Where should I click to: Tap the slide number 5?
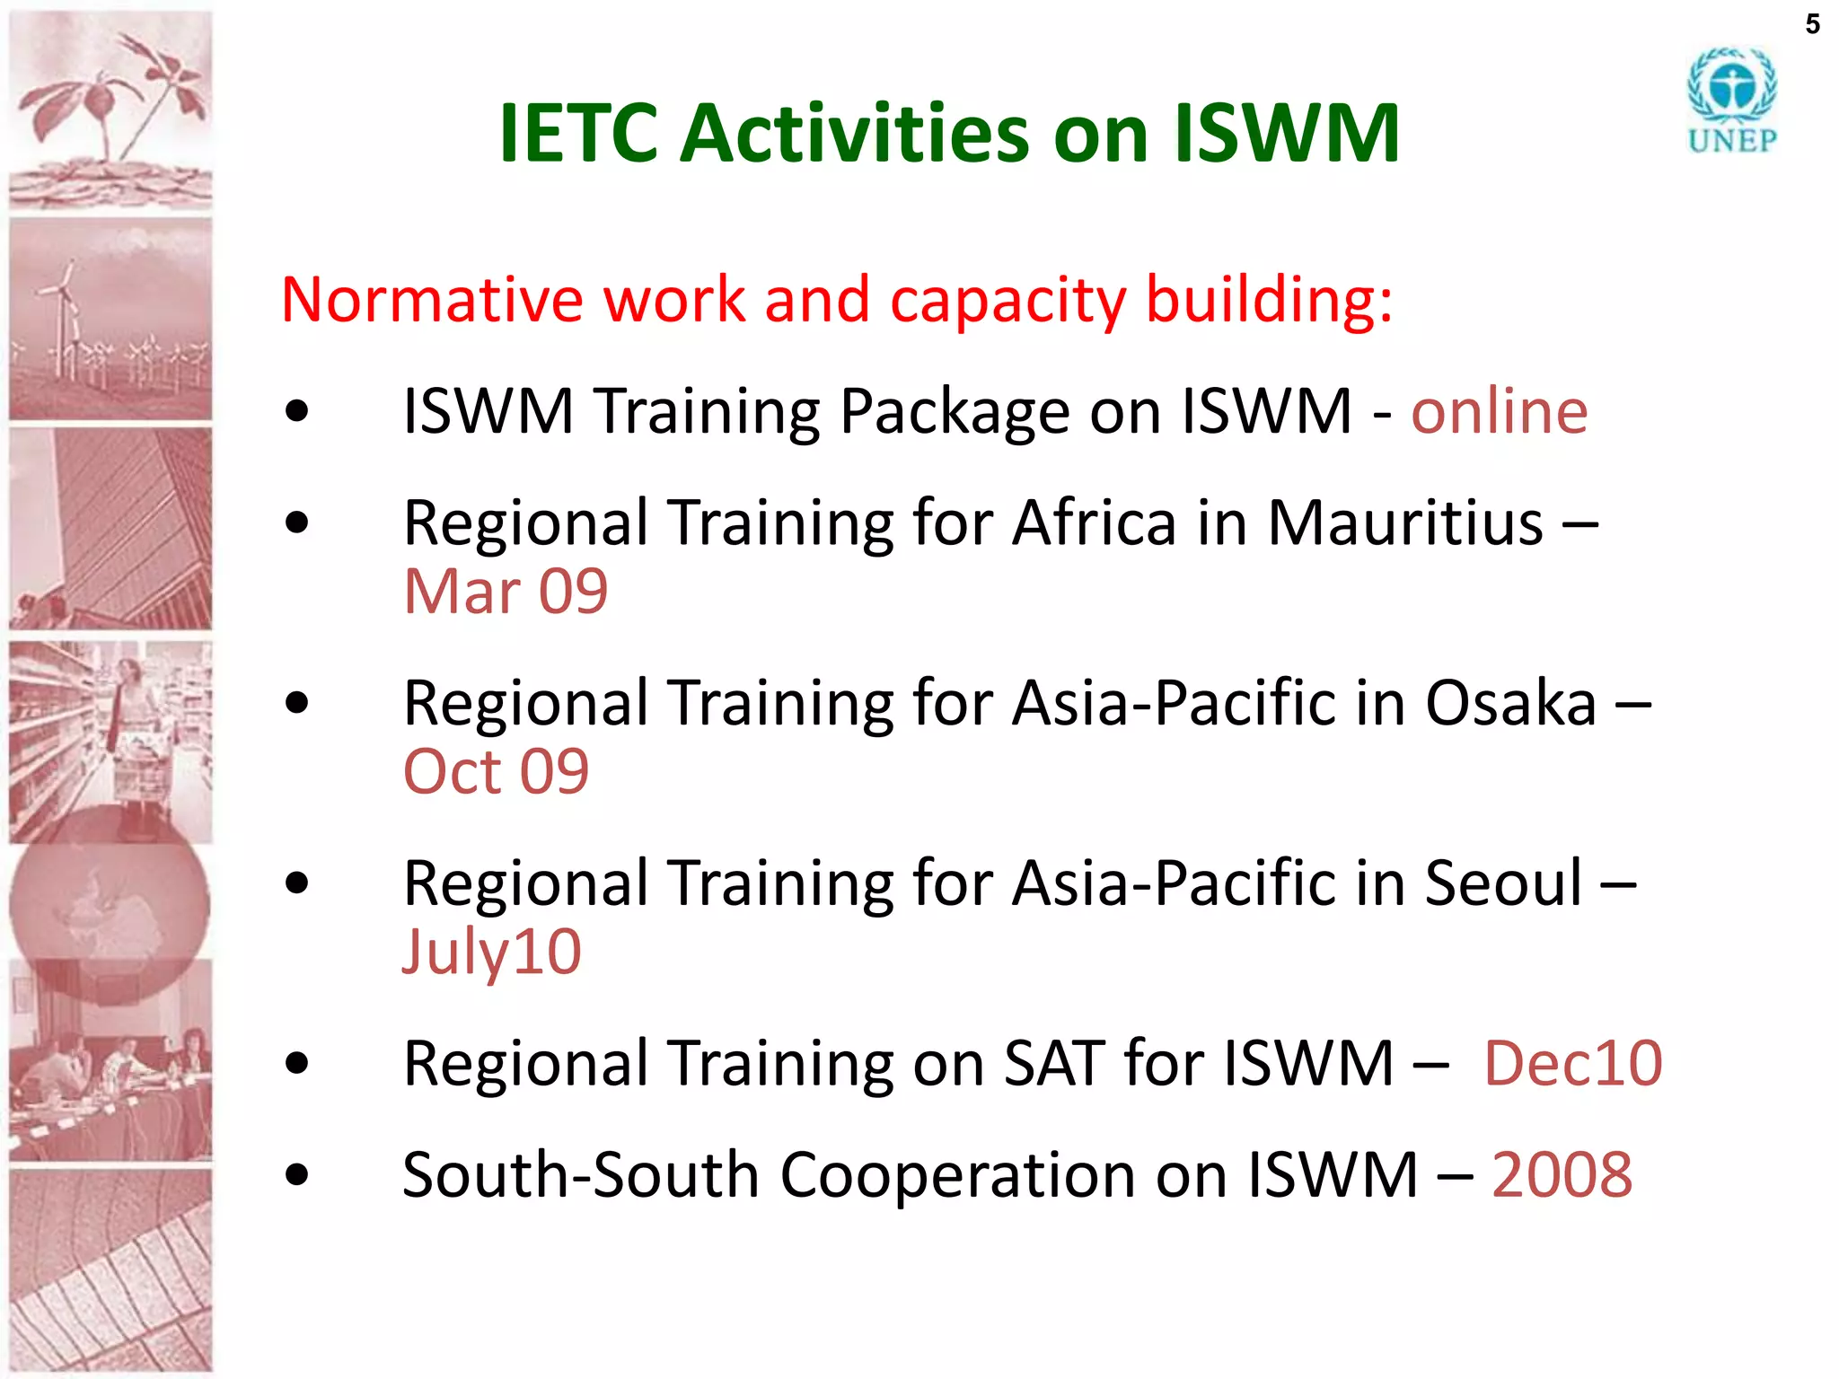[x=1812, y=24]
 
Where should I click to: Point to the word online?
[x=1499, y=412]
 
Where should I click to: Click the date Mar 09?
[x=506, y=592]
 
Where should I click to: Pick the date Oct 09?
[x=496, y=771]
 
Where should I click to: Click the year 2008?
[x=1562, y=1174]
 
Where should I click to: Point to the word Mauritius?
[x=1404, y=523]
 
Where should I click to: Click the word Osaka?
[x=1510, y=703]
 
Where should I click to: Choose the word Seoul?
[x=1503, y=883]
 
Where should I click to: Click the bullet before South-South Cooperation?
[x=296, y=1174]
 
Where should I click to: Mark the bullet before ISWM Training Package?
[x=296, y=412]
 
